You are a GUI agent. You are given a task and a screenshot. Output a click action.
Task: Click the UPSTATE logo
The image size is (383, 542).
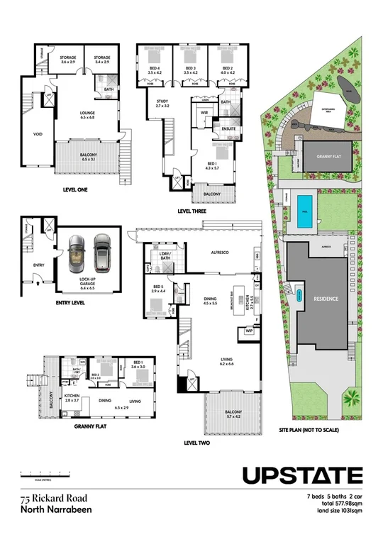[303, 475]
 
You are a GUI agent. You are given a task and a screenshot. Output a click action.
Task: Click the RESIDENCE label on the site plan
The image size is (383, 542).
[326, 299]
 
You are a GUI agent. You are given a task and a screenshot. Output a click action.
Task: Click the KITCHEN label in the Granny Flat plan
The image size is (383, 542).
[72, 396]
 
